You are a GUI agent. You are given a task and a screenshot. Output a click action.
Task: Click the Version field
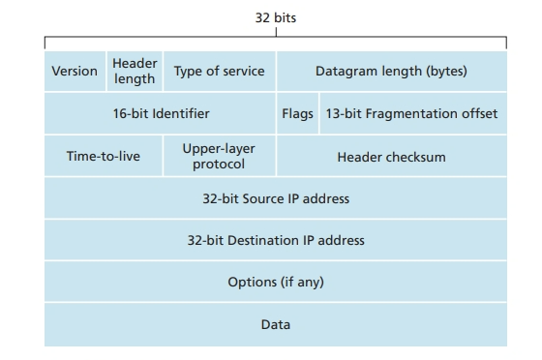pos(75,72)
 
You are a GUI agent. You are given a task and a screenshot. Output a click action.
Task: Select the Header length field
pos(135,72)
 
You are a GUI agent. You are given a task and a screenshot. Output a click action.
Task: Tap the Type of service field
pos(219,72)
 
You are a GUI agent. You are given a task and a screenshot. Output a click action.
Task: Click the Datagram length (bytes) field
pos(391,72)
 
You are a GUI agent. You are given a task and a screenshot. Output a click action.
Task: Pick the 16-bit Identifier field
pos(161,114)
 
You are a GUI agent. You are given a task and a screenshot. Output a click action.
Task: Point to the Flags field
pos(297,114)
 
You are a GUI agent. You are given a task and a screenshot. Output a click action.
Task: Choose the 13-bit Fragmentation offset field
pos(411,114)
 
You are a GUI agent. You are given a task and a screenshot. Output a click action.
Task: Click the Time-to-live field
pos(103,157)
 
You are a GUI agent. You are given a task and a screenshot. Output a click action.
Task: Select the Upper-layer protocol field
pos(219,157)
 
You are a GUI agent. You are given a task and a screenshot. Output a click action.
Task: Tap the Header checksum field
pos(391,157)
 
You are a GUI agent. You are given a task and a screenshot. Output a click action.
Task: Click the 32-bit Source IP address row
pos(276,198)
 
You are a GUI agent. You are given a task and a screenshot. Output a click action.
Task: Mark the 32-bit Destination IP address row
pos(276,240)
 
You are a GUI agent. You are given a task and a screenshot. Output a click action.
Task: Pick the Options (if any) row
pos(276,282)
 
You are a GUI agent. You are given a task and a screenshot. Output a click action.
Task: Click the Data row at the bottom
pos(276,324)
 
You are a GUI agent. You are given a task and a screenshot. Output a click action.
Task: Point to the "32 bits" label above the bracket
pos(276,16)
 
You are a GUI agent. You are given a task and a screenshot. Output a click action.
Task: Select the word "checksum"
pos(415,157)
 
